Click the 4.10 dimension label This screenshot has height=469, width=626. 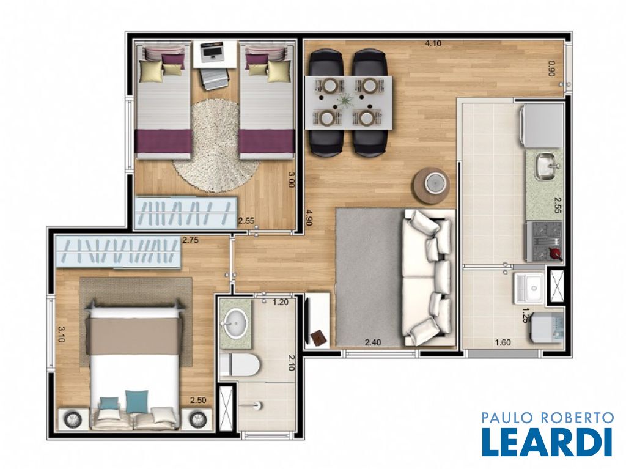pos(433,43)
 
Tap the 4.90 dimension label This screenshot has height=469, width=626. pos(309,218)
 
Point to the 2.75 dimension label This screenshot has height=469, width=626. pos(190,240)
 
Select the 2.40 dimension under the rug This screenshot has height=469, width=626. pos(373,342)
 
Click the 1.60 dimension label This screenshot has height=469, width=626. pos(503,342)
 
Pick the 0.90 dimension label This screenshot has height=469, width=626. pos(552,68)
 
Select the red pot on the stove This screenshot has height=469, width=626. pos(554,253)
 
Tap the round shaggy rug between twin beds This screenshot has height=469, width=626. pos(216,146)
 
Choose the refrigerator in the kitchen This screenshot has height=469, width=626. pos(542,125)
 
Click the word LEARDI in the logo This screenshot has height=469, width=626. pos(547,441)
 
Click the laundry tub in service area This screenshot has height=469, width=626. pos(529,287)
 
